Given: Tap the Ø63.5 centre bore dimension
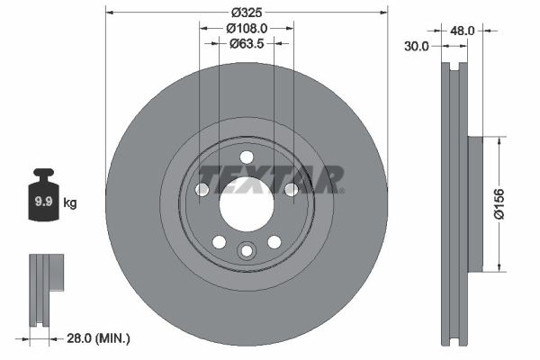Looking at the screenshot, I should tap(245, 42).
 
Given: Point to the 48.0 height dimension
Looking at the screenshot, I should tap(462, 30).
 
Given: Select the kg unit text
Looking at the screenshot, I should tap(70, 203).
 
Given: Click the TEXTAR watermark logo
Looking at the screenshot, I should tap(269, 178).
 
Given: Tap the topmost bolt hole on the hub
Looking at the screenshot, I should tap(246, 158).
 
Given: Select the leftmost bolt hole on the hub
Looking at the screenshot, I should tap(202, 189).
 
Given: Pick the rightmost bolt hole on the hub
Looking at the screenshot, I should tap(291, 189).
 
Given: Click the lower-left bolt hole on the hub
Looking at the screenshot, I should tap(218, 241).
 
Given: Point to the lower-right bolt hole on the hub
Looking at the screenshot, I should tap(274, 241).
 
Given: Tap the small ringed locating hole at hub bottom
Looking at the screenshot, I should tap(246, 251).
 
